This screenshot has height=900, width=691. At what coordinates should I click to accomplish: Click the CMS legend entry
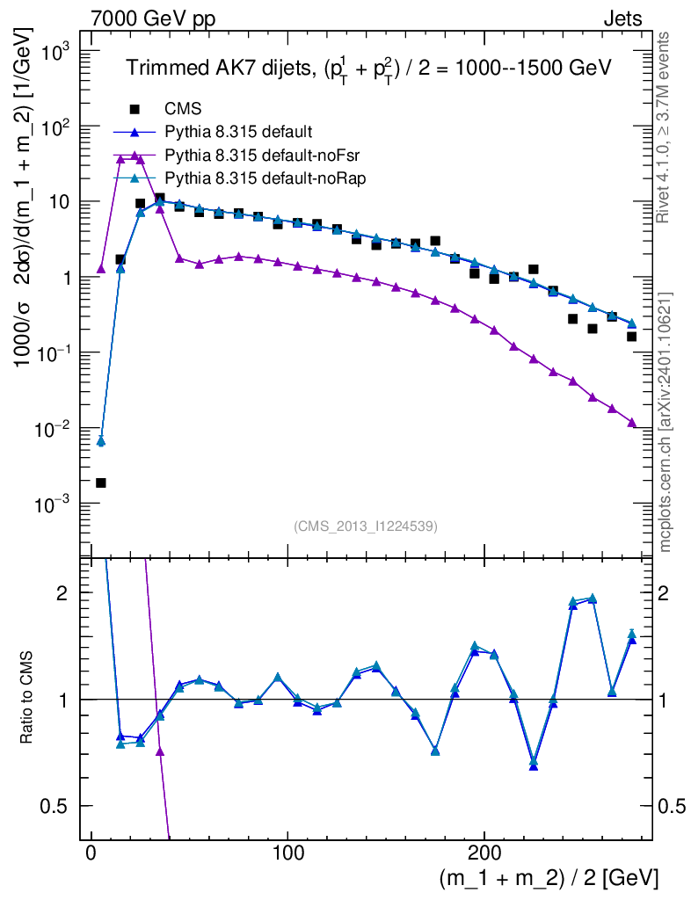(x=183, y=109)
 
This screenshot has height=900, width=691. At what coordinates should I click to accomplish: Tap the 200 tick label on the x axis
(x=483, y=853)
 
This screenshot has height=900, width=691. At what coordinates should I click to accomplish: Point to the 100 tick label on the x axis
(x=287, y=853)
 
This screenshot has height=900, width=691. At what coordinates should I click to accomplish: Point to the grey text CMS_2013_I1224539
(x=366, y=526)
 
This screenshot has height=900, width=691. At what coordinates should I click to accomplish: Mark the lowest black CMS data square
(x=101, y=483)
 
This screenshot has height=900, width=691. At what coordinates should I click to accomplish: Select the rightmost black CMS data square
(x=631, y=337)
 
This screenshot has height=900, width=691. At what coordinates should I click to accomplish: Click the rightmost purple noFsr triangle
(x=631, y=424)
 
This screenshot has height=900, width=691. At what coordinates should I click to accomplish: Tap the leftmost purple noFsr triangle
(x=101, y=269)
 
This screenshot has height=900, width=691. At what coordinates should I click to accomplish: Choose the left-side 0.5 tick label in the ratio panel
(x=55, y=806)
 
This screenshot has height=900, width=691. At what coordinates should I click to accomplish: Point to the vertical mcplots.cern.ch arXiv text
(x=666, y=422)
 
